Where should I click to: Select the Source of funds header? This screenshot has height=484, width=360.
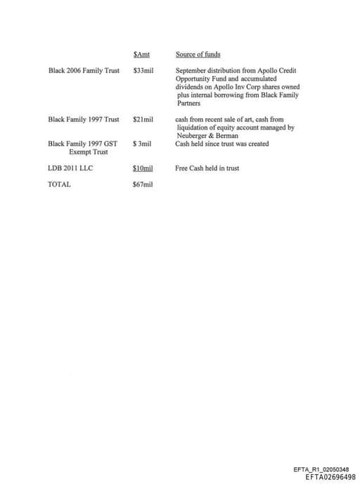(198, 54)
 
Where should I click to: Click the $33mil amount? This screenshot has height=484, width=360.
(143, 71)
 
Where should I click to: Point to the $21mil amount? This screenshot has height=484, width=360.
(143, 120)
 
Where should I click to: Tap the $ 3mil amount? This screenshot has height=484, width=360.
(142, 144)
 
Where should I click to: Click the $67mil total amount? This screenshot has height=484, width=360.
(143, 184)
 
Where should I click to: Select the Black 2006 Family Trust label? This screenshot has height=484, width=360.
(84, 71)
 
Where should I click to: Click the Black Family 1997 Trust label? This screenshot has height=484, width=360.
(84, 120)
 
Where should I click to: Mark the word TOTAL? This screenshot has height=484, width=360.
(59, 184)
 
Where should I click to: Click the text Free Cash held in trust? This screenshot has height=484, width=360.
(207, 168)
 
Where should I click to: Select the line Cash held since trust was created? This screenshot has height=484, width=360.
(221, 144)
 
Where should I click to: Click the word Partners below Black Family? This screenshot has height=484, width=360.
(188, 103)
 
